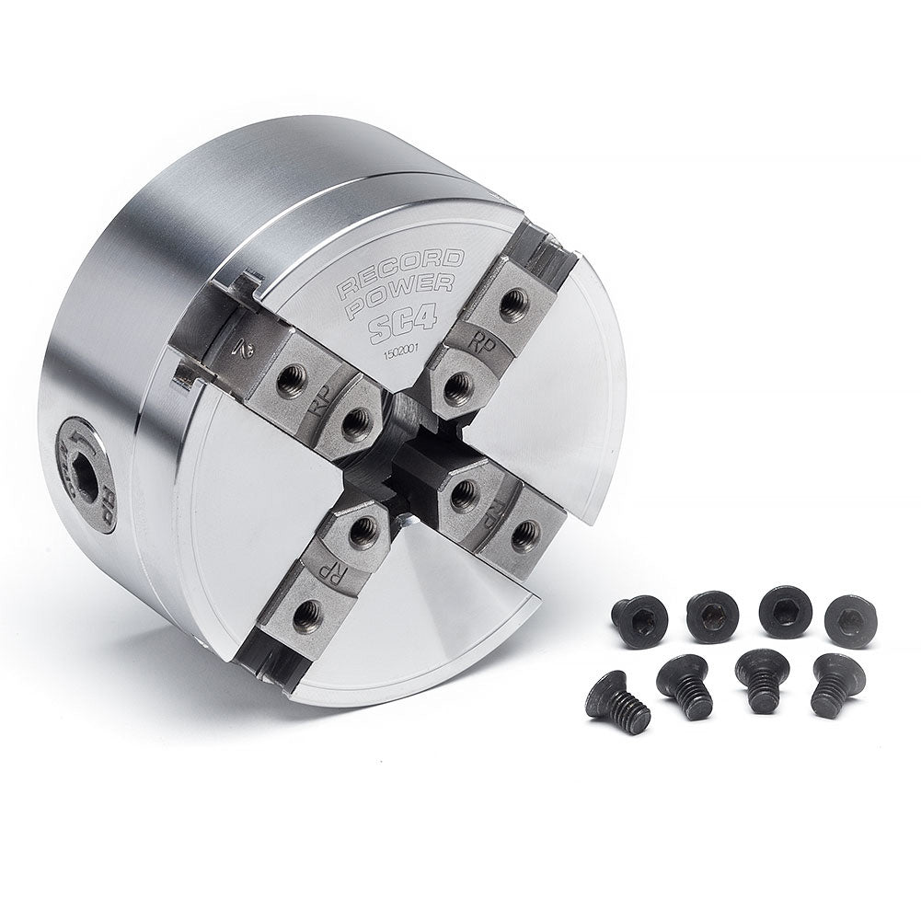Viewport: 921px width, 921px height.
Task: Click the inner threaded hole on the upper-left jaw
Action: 354,421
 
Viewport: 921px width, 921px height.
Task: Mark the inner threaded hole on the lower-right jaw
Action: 462,498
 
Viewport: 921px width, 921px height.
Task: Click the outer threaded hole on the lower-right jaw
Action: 524,534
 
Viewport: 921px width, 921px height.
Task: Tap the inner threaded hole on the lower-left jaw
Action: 363,528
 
